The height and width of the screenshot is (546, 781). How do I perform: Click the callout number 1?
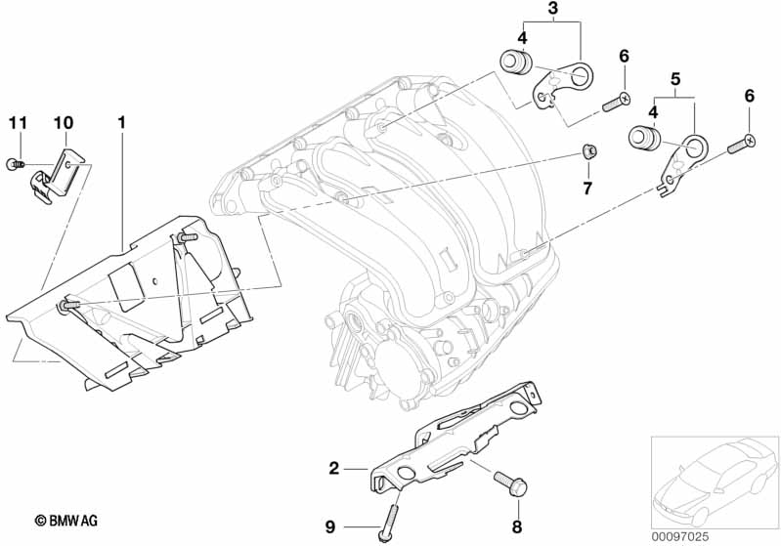pos(122,123)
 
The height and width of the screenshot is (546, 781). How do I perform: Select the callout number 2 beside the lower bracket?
pos(333,469)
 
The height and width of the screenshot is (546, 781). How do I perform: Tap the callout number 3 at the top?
pos(552,11)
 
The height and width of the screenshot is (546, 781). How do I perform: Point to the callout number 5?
pos(674,76)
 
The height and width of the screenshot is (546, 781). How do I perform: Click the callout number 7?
pos(587,188)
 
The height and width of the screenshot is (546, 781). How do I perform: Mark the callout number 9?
pos(329,527)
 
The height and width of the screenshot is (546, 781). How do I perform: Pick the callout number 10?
pos(64,123)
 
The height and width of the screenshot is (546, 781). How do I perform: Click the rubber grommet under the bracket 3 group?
pos(514,63)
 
